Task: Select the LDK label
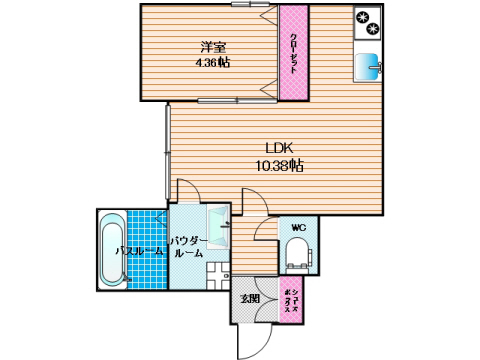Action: tap(279, 148)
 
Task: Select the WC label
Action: tap(297, 228)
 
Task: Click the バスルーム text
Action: tap(138, 250)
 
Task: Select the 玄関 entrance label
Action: tap(249, 297)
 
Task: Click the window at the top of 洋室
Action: tap(240, 5)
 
